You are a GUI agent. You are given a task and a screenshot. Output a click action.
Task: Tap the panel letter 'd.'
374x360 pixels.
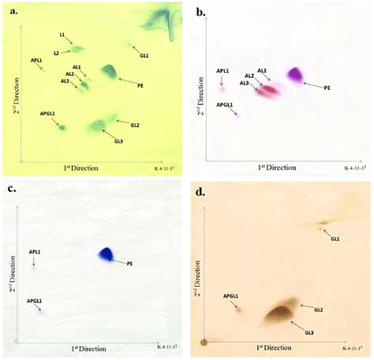[x=203, y=189]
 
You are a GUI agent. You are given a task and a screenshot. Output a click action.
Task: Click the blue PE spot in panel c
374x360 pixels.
[x=106, y=254]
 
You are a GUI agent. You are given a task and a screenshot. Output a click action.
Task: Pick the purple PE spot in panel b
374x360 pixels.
[x=295, y=74]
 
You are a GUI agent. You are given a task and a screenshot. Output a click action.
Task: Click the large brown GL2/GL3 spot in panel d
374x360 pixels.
[x=280, y=313]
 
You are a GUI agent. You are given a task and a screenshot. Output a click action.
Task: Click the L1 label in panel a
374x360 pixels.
[x=62, y=36]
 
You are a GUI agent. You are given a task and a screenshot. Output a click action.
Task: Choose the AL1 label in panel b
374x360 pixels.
[x=262, y=71]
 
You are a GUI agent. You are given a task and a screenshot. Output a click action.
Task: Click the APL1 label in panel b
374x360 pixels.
[x=223, y=71]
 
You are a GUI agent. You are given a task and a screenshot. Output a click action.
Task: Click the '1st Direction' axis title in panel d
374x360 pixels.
[x=273, y=347]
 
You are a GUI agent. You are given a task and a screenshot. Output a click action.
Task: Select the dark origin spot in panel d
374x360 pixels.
[x=204, y=341]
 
